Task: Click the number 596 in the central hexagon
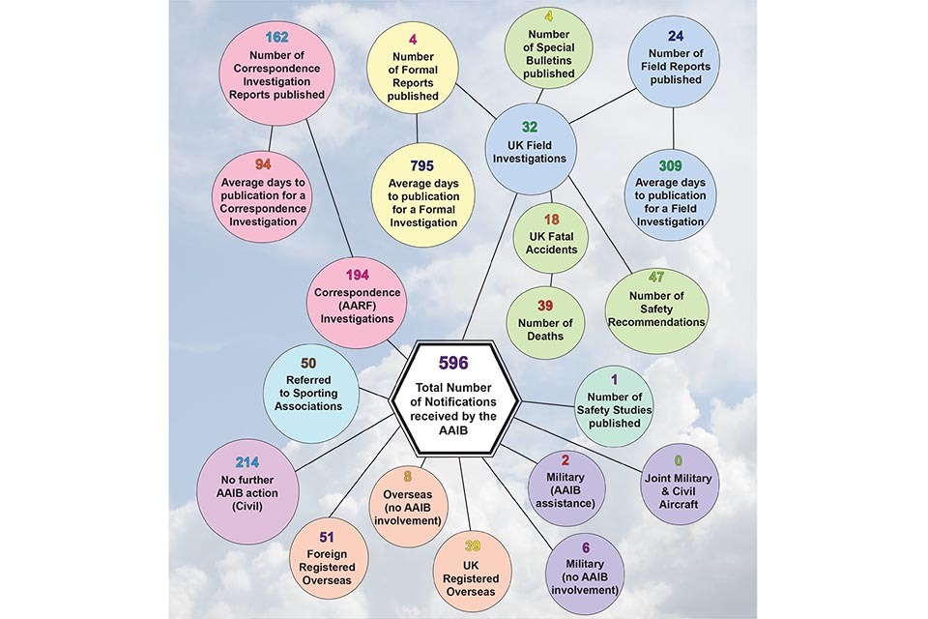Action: pyautogui.click(x=452, y=363)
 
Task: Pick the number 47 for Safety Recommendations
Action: pyautogui.click(x=656, y=278)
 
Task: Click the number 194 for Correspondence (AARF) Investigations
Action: pyautogui.click(x=357, y=275)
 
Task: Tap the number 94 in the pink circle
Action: pyautogui.click(x=263, y=163)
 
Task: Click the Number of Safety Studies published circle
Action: pyautogui.click(x=615, y=404)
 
